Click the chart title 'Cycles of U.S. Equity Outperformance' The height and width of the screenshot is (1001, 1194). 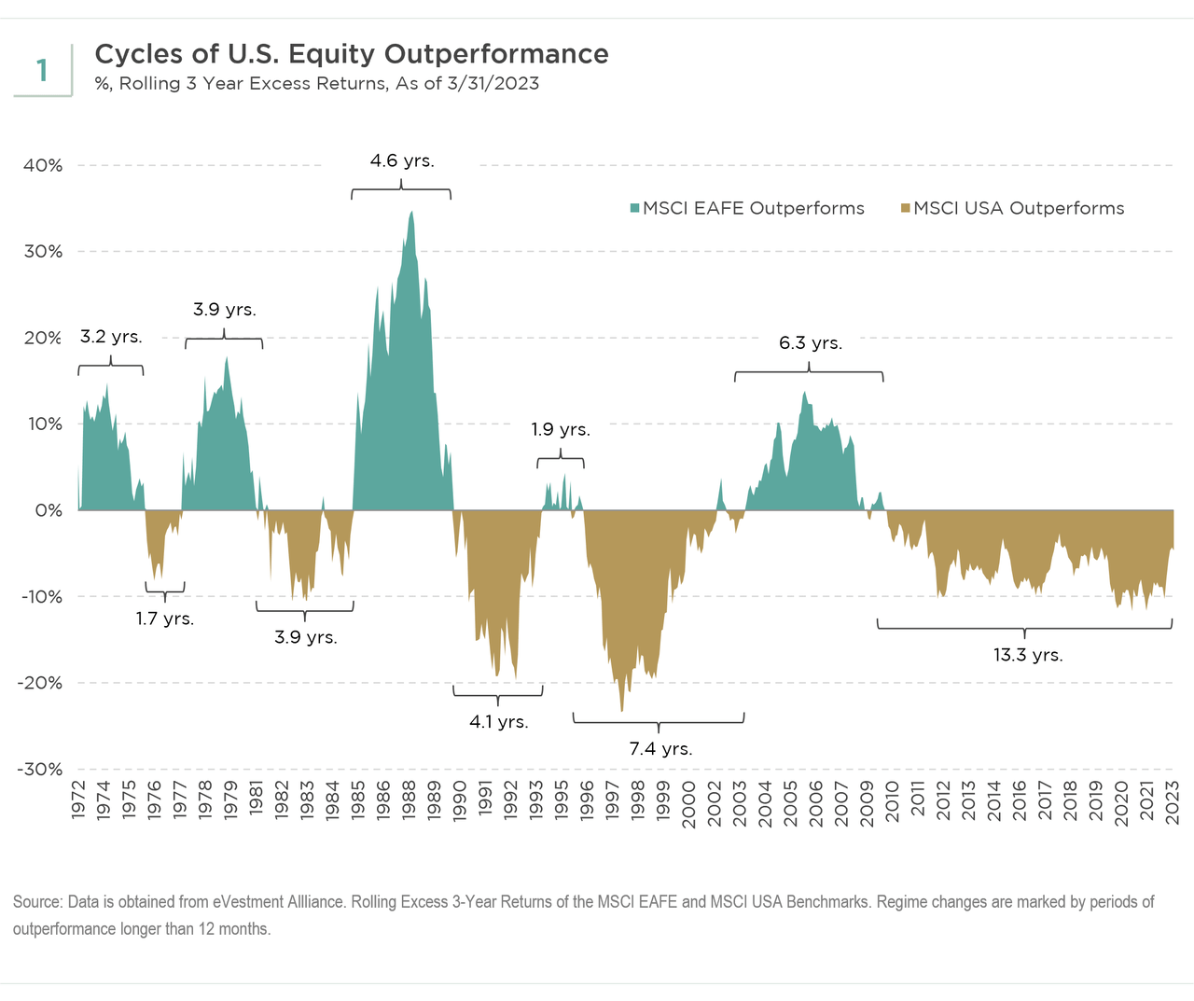coord(352,54)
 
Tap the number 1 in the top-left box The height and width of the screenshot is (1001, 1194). coord(42,70)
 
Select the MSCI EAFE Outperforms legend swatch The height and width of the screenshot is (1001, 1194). coord(635,208)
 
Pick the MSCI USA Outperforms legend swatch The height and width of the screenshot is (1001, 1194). coord(905,208)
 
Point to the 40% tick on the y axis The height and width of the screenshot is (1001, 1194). coord(43,165)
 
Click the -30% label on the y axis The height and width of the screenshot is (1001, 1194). coord(40,770)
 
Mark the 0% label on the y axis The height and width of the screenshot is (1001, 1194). coord(49,510)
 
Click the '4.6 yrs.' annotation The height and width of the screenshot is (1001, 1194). coord(402,160)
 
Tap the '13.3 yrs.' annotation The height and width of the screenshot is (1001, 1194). coord(1028,655)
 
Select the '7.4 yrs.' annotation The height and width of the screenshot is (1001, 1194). coord(660,748)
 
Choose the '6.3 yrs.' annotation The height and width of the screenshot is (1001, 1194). coord(811,343)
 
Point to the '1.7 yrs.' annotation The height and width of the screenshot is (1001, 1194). coord(165,619)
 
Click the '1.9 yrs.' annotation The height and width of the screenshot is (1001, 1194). coord(561,429)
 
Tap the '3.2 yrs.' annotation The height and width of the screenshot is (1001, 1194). coord(111,337)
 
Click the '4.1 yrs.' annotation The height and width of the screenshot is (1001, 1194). coord(498,721)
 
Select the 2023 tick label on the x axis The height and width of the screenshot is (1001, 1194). coord(1173,800)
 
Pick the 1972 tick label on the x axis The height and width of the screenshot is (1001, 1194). coord(78,800)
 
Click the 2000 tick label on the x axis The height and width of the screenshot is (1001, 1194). coord(689,800)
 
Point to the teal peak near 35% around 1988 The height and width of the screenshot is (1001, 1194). coord(411,213)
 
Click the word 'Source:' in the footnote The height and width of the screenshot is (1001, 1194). coord(37,902)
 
